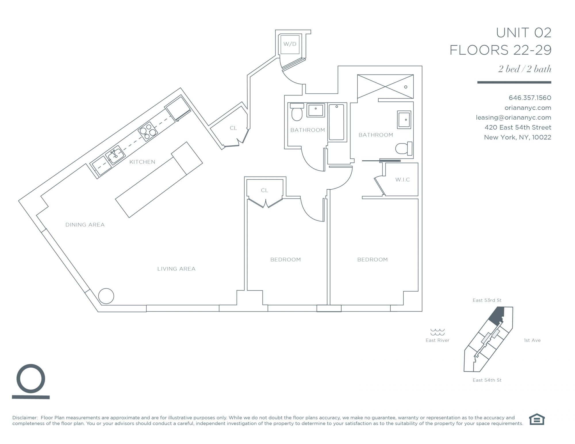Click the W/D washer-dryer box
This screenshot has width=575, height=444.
click(x=290, y=44)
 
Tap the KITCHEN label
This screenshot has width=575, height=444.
click(x=142, y=162)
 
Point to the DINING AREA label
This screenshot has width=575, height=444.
click(x=85, y=225)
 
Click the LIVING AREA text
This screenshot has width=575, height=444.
click(x=177, y=269)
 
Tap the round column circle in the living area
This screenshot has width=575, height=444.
click(x=106, y=296)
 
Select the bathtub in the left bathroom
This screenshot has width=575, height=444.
click(x=336, y=122)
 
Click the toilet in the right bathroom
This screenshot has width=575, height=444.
click(x=404, y=148)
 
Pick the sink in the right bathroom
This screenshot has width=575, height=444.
click(x=404, y=120)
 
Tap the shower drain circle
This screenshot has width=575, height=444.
click(x=406, y=87)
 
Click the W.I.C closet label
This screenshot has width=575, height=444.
click(x=402, y=180)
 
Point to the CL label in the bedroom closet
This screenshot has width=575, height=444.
click(x=264, y=190)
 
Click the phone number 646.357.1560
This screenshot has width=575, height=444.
click(x=530, y=98)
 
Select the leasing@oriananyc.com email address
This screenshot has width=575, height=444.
click(x=513, y=118)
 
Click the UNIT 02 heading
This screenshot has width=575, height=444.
click(x=524, y=33)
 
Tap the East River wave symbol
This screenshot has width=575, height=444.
click(x=437, y=332)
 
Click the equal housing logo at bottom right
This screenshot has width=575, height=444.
click(x=537, y=419)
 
